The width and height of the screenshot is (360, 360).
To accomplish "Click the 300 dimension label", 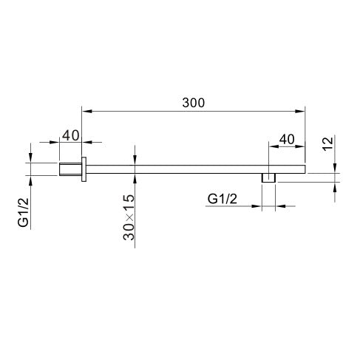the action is click(194, 103).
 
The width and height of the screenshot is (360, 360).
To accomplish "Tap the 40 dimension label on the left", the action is click(70, 135).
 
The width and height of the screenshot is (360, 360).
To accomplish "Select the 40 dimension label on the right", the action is click(287, 140).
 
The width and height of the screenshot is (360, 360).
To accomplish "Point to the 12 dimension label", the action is click(327, 143).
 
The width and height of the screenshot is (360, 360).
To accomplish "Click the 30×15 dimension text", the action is click(129, 217).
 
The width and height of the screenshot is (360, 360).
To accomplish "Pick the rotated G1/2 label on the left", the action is click(24, 212).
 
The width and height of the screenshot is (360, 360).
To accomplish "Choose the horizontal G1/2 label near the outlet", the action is click(223, 199).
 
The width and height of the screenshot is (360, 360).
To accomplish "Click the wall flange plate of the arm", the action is click(84, 169).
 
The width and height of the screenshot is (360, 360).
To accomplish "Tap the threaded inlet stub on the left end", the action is click(70, 169).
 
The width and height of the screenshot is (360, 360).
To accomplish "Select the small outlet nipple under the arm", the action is click(268, 178).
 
